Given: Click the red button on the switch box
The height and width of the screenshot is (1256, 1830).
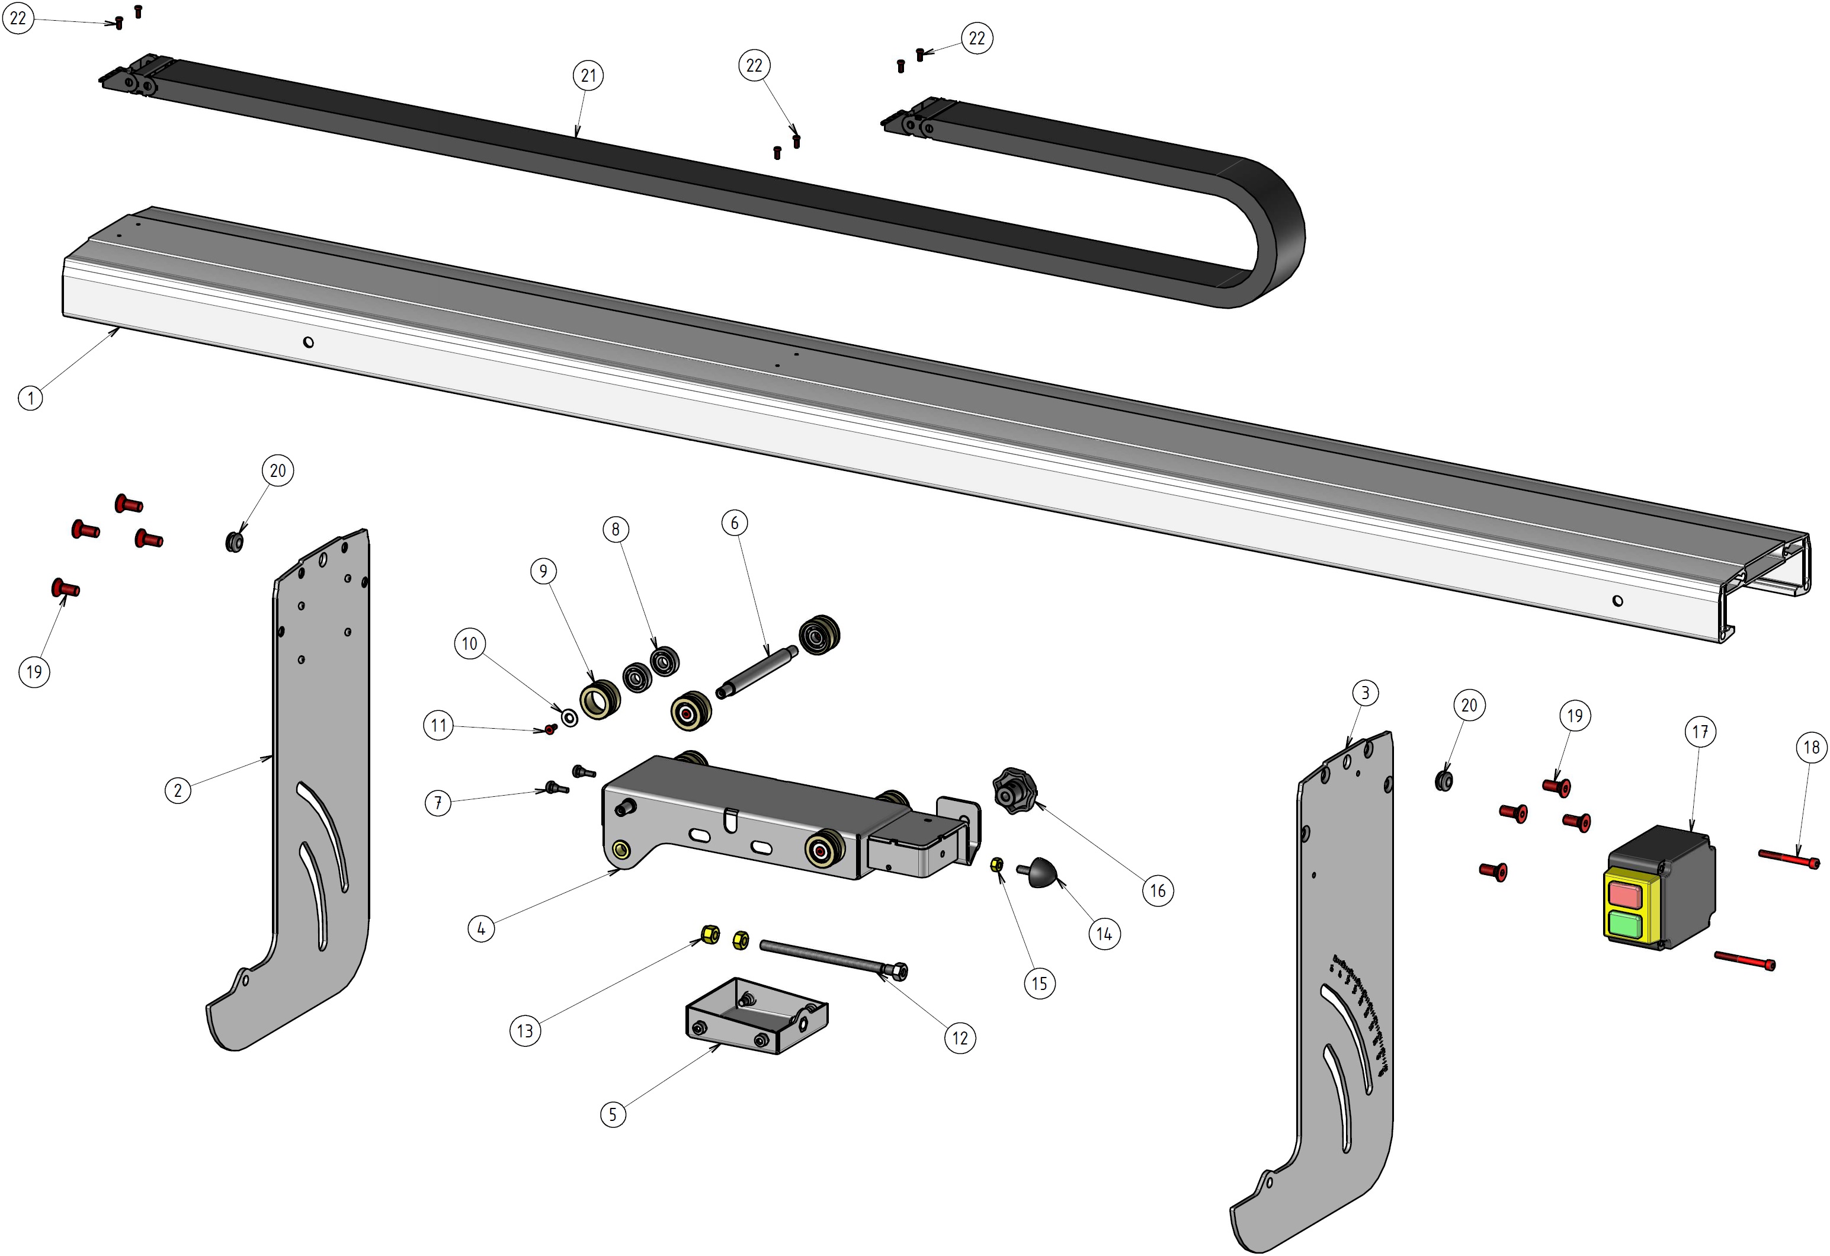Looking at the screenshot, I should (x=1624, y=894).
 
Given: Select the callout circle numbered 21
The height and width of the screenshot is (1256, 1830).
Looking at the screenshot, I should (x=588, y=76).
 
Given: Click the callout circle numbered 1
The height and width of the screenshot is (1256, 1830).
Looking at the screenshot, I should (x=31, y=398).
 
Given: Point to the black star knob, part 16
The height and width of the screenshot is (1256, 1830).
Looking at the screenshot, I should (x=1015, y=790).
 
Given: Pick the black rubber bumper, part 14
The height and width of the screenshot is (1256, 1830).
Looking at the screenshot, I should (x=1043, y=871).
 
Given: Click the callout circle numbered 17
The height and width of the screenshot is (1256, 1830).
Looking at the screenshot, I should (x=1700, y=732).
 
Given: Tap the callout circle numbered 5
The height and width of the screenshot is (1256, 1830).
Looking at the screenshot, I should (x=613, y=1114).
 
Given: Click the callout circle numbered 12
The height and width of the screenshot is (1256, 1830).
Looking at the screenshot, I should (x=960, y=1038).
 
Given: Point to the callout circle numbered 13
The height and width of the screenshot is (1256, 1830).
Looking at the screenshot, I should (x=525, y=1031).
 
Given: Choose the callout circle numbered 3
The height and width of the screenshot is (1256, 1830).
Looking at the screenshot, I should (x=1366, y=693).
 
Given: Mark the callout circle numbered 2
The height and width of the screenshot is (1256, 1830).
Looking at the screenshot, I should (x=178, y=790).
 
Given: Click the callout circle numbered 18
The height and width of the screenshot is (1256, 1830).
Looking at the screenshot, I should (x=1811, y=747).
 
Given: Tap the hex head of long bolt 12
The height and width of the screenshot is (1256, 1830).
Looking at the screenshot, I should (x=899, y=971).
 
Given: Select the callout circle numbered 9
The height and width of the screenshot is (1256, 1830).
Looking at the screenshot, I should (x=543, y=571).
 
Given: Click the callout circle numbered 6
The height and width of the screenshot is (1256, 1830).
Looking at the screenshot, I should (x=735, y=523).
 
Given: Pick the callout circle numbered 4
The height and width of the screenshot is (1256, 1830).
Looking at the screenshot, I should (x=481, y=928).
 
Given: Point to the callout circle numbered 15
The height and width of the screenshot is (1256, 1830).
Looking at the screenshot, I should (x=1040, y=983).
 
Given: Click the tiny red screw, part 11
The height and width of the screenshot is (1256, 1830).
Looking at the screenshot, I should (x=550, y=729).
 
